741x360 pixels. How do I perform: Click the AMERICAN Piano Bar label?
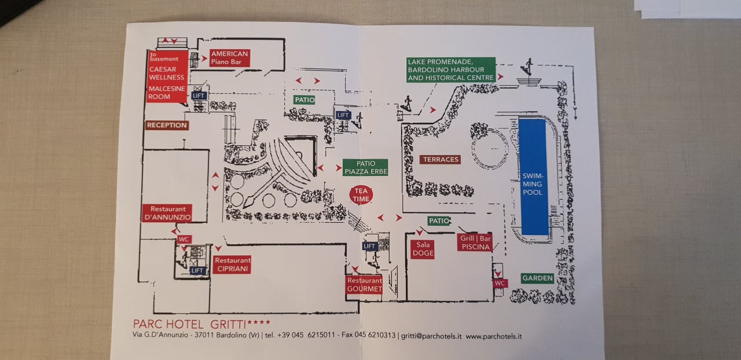pyautogui.click(x=229, y=58)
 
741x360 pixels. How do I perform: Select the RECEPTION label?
pyautogui.click(x=167, y=125)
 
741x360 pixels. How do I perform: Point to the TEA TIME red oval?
pyautogui.click(x=361, y=194)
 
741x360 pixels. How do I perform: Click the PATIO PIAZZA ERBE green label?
pyautogui.click(x=365, y=167)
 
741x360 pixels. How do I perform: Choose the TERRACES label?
pyautogui.click(x=441, y=159)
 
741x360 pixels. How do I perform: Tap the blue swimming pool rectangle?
pyautogui.click(x=533, y=177)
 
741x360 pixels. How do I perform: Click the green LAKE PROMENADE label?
pyautogui.click(x=451, y=69)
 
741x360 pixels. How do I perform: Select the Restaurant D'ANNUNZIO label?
pyautogui.click(x=167, y=213)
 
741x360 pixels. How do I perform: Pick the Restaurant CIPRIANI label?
pyautogui.click(x=232, y=265)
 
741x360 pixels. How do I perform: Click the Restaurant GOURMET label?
pyautogui.click(x=364, y=285)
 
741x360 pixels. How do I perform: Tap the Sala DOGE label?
pyautogui.click(x=423, y=249)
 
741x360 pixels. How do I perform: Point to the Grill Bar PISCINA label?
pyautogui.click(x=475, y=243)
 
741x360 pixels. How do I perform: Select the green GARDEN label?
pyautogui.click(x=537, y=278)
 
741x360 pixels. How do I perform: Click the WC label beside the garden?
pyautogui.click(x=500, y=283)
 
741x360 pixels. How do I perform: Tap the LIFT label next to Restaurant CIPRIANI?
pyautogui.click(x=197, y=270)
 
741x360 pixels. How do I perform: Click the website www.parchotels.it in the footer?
pyautogui.click(x=494, y=336)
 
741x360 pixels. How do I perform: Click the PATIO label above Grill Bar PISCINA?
pyautogui.click(x=439, y=221)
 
